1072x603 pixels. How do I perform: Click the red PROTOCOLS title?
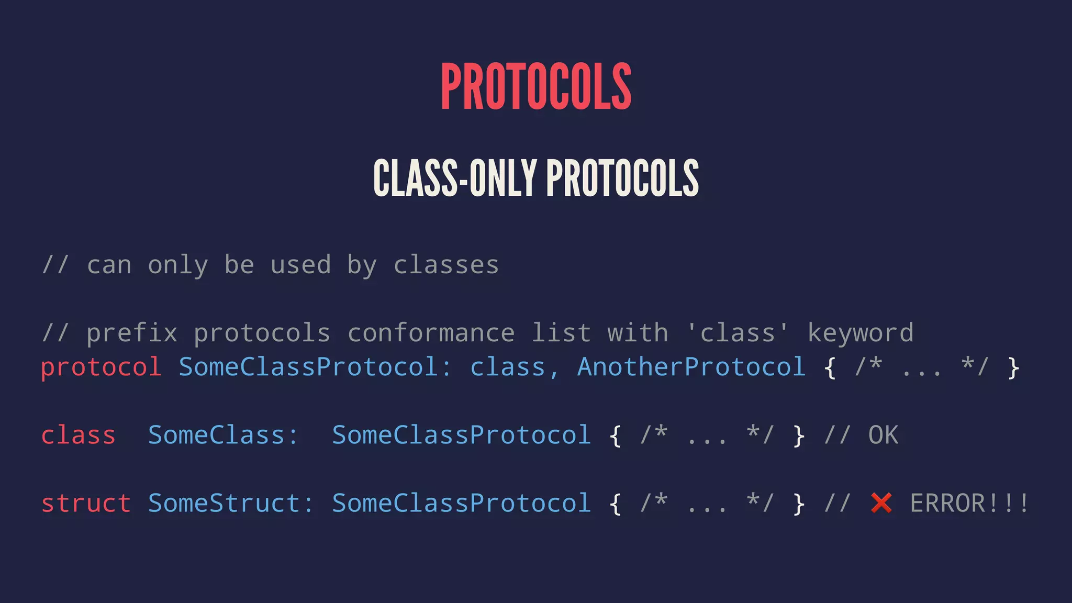coord(536,86)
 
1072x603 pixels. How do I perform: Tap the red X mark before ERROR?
coord(881,504)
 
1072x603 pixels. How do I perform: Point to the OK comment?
coord(883,435)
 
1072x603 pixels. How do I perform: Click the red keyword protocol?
coord(101,367)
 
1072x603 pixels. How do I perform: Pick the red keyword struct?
coord(86,504)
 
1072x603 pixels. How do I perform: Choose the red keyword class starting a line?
coord(79,435)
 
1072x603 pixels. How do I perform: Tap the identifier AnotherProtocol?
coord(691,367)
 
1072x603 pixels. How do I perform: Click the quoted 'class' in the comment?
coord(737,333)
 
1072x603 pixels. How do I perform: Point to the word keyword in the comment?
coord(861,333)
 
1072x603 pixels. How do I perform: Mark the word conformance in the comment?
coord(431,333)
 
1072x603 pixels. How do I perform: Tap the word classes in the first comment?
coord(446,265)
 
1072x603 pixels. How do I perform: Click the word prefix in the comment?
coord(132,333)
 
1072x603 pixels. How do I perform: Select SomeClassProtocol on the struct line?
coord(462,504)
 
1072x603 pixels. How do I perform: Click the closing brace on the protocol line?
coord(1013,367)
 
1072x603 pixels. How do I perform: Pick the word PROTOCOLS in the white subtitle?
coord(622,178)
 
